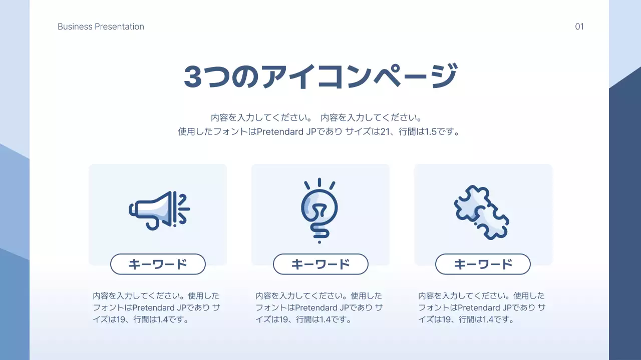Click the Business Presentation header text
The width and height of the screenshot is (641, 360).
(101, 26)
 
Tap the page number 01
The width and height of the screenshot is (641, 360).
(579, 26)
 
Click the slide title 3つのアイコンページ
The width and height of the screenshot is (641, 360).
(320, 76)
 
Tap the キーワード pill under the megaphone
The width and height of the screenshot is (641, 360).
(158, 264)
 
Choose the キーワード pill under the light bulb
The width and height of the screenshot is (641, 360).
(320, 264)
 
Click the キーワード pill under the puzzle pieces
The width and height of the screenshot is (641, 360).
(483, 264)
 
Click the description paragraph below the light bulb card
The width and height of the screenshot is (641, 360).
(319, 307)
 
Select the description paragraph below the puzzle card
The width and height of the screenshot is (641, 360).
(482, 307)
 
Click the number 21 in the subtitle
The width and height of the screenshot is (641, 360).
(386, 132)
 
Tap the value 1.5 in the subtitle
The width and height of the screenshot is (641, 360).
(431, 132)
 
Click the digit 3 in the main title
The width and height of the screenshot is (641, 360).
(193, 76)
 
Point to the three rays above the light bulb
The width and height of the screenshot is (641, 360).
(319, 183)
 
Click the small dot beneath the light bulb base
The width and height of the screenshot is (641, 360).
(319, 242)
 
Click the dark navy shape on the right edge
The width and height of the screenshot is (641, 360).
(625, 225)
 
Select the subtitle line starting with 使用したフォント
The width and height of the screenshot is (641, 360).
(319, 132)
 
